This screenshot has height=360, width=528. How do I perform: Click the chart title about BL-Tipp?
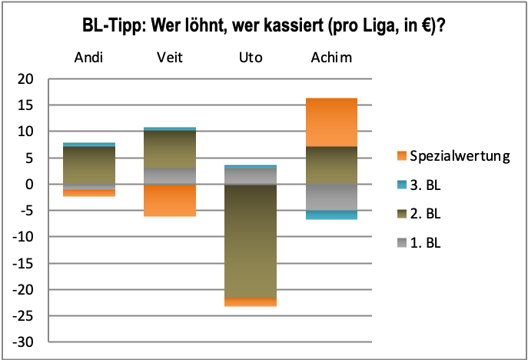click(264, 25)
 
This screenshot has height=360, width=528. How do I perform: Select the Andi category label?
click(88, 58)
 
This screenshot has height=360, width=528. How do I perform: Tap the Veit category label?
click(169, 58)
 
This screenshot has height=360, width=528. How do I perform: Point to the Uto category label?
click(250, 58)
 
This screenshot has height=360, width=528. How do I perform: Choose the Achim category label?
click(331, 58)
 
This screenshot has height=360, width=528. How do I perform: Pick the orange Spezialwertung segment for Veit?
click(169, 200)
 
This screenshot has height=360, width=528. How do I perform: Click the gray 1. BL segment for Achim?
click(331, 197)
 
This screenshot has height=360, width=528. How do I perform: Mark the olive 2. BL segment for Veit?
click(169, 149)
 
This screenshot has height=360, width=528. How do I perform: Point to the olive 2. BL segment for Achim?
click(331, 165)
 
